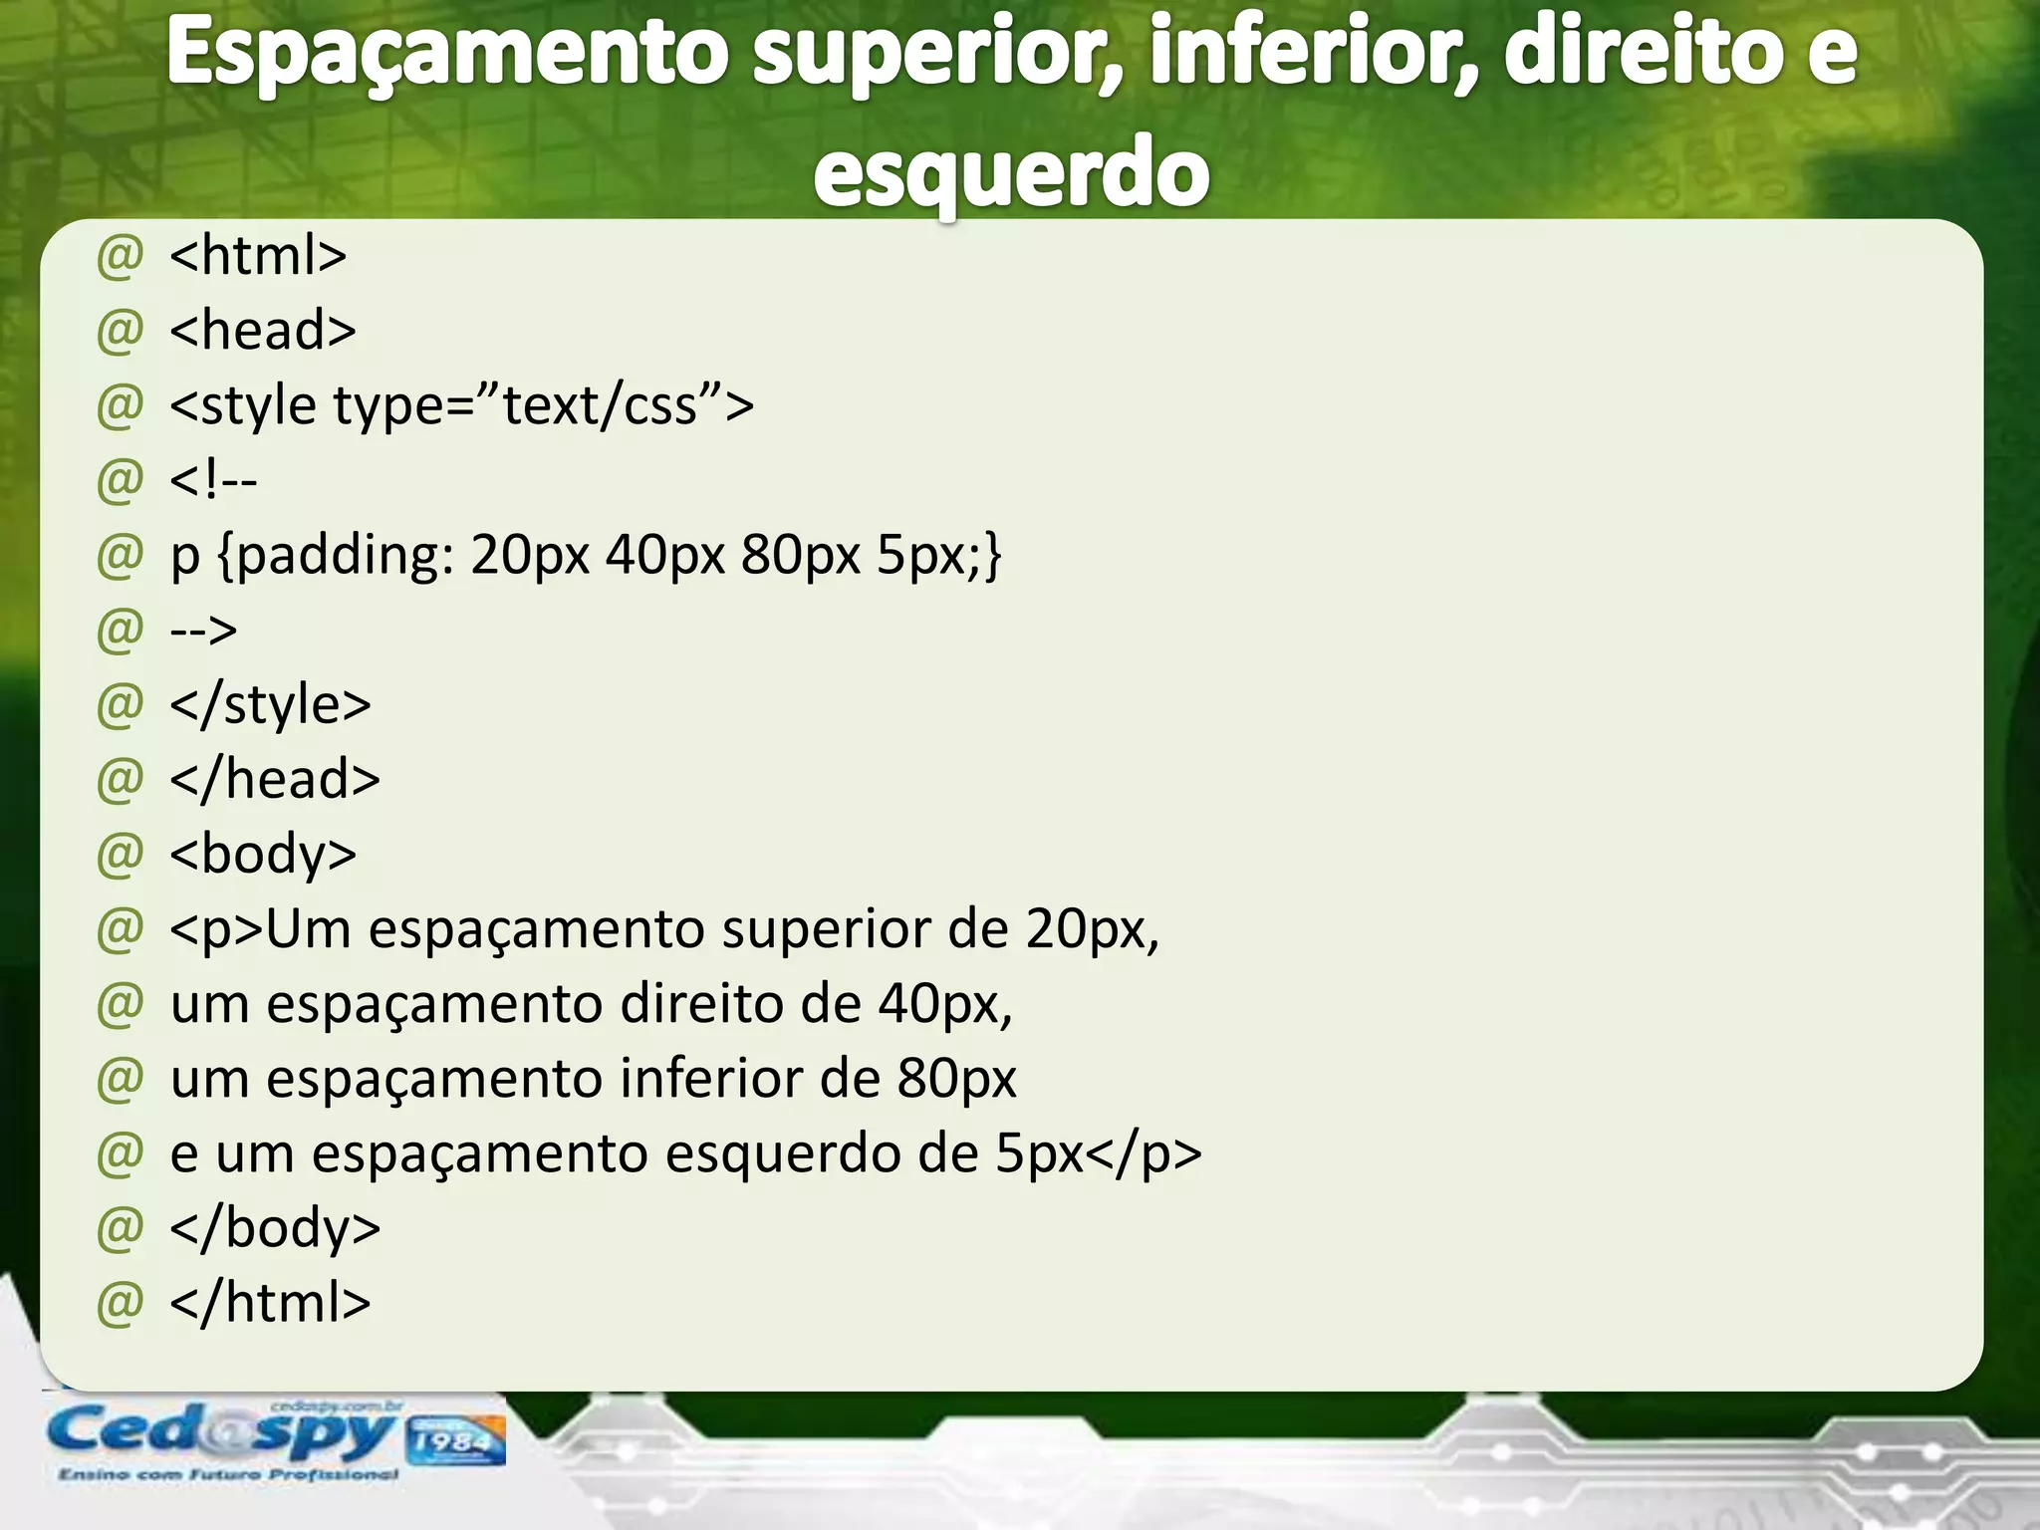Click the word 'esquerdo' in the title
[1011, 172]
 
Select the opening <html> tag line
[258, 255]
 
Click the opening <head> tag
[263, 330]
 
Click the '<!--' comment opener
[213, 480]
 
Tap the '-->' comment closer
[204, 630]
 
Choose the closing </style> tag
[270, 704]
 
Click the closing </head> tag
[275, 779]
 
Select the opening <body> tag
[263, 855]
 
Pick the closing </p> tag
[1143, 1153]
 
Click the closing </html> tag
[270, 1303]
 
